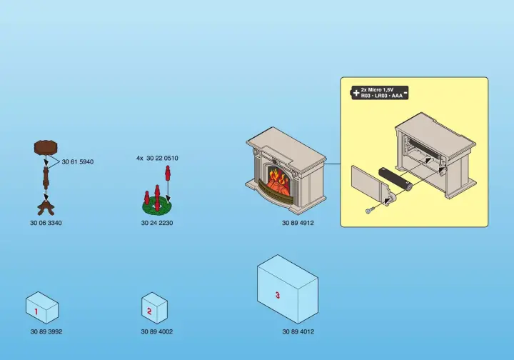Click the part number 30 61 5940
tap(78, 162)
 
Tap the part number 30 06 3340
tap(46, 223)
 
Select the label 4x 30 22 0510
tap(157, 158)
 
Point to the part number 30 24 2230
tap(157, 223)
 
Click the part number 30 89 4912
tap(298, 223)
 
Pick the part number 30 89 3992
tap(46, 331)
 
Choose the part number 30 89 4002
tap(157, 331)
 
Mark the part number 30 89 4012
tap(298, 331)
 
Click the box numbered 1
tap(41, 309)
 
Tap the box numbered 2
tap(154, 309)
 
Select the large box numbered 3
tap(287, 289)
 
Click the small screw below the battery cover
tap(369, 211)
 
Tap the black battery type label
tap(378, 93)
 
